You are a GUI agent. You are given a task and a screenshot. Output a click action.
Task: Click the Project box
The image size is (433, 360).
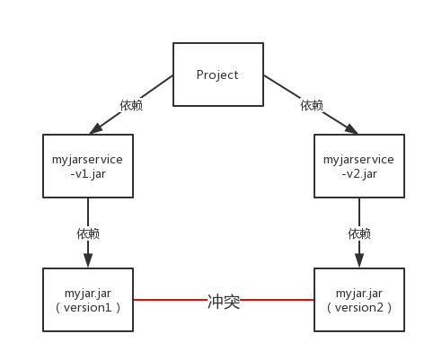[217, 75]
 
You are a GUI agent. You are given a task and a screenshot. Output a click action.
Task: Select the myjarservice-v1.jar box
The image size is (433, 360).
[88, 166]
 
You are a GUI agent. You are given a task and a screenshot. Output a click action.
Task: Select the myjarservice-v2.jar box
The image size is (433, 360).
[359, 166]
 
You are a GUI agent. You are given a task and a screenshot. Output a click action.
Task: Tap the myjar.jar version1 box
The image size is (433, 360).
[88, 300]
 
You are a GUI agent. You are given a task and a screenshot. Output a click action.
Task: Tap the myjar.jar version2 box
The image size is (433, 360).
[359, 300]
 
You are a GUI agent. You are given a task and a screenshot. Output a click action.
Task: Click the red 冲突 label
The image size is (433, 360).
[224, 302]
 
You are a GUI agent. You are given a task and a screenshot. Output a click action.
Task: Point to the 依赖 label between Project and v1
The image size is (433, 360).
[131, 105]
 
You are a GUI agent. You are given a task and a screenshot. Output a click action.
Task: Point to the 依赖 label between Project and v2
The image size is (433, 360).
[312, 105]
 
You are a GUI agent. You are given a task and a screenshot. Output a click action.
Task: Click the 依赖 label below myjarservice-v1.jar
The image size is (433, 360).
[88, 233]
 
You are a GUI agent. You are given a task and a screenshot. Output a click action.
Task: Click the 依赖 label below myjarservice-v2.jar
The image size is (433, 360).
[359, 233]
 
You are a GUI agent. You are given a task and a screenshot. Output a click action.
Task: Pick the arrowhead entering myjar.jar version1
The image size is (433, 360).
[88, 260]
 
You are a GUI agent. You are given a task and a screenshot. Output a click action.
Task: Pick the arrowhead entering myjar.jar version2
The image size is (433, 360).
[359, 260]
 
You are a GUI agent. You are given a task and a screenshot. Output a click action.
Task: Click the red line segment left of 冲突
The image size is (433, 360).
[169, 301]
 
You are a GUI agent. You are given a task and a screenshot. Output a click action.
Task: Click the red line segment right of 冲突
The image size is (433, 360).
[278, 301]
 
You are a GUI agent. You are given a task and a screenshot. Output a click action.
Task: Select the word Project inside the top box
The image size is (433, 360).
[217, 75]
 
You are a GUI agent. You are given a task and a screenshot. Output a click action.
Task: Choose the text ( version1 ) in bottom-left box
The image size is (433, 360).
[88, 307]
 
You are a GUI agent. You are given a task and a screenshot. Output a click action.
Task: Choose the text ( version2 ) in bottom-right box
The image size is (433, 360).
[359, 307]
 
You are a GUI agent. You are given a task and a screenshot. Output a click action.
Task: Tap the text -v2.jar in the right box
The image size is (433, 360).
[359, 173]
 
